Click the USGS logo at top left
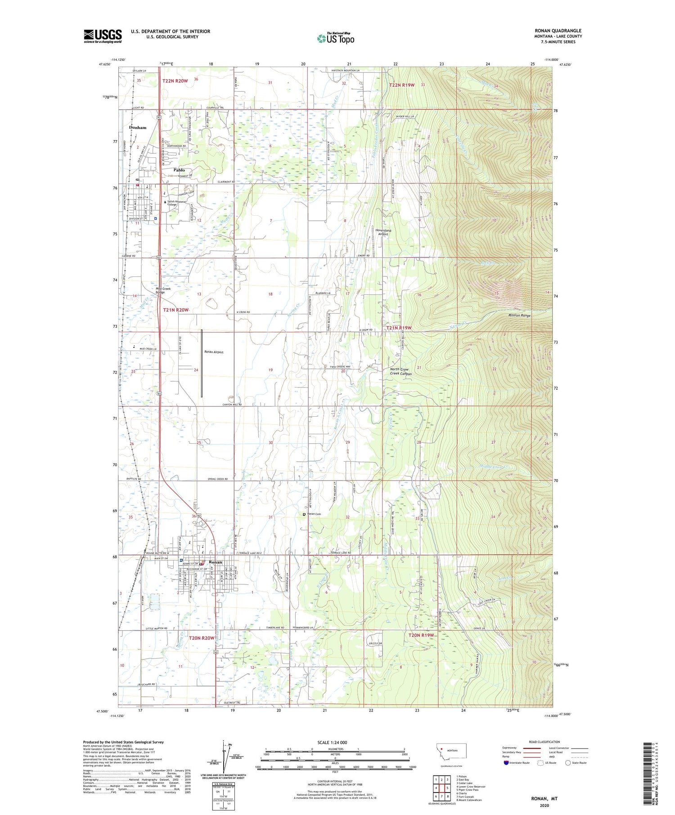[x=103, y=36]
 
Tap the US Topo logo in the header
[x=335, y=38]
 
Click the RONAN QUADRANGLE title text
[x=558, y=31]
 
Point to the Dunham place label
[x=138, y=128]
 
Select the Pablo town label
[x=179, y=170]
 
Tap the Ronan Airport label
[x=214, y=352]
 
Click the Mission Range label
[x=519, y=316]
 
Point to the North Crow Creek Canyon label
[x=400, y=371]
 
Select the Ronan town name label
[x=216, y=562]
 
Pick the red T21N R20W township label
[x=175, y=310]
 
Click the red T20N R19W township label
[x=421, y=635]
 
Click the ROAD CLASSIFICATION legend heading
[x=544, y=742]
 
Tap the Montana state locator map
[x=451, y=751]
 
